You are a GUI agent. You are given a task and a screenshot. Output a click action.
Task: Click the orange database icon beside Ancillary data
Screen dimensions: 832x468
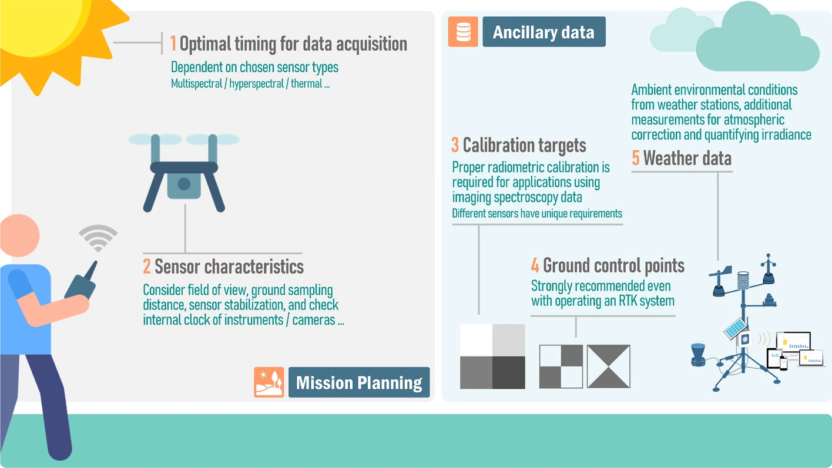463,32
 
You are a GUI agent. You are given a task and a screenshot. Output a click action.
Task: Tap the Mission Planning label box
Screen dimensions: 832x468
359,382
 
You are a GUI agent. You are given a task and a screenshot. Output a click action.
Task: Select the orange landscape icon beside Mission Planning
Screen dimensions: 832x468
269,382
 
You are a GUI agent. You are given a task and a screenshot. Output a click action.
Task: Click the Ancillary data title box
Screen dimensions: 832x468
544,32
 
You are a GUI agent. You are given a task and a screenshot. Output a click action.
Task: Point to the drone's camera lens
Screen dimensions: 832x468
184,184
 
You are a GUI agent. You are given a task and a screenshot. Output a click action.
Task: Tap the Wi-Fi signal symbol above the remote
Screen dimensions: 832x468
98,238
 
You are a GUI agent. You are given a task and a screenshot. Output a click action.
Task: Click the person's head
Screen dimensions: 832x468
20,235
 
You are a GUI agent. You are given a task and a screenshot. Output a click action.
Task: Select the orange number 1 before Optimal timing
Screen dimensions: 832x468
173,43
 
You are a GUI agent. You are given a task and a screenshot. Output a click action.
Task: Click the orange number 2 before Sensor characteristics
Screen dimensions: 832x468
147,267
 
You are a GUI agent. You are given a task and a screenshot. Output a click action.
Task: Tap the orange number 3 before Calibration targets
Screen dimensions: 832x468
455,144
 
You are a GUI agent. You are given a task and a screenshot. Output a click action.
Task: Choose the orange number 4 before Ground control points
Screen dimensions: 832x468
535,265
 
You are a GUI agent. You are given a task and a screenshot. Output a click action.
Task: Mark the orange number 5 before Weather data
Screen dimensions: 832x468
636,158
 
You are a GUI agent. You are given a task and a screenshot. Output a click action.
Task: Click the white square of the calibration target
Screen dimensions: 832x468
476,341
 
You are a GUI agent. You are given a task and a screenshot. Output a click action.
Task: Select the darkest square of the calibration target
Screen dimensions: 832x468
509,373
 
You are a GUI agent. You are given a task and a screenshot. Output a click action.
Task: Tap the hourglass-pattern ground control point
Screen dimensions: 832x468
608,366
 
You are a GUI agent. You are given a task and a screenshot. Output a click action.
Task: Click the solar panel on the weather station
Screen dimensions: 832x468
735,329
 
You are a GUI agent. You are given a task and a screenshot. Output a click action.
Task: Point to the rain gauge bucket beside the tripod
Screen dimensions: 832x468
698,355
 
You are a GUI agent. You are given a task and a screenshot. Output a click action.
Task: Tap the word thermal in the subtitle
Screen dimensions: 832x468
307,83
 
